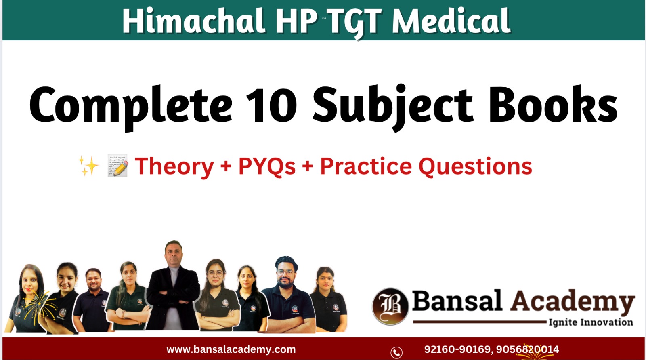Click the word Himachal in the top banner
(x=194, y=21)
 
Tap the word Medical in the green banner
(x=451, y=21)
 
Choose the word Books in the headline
(x=553, y=105)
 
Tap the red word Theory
(x=174, y=166)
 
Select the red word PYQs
(x=267, y=166)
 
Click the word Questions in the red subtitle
(x=475, y=166)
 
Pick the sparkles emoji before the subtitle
(x=89, y=166)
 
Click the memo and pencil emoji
(x=118, y=166)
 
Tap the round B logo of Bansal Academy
(x=390, y=306)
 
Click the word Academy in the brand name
(x=572, y=301)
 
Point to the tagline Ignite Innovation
(x=591, y=322)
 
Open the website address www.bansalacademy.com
(x=231, y=349)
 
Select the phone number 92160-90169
(x=457, y=349)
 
